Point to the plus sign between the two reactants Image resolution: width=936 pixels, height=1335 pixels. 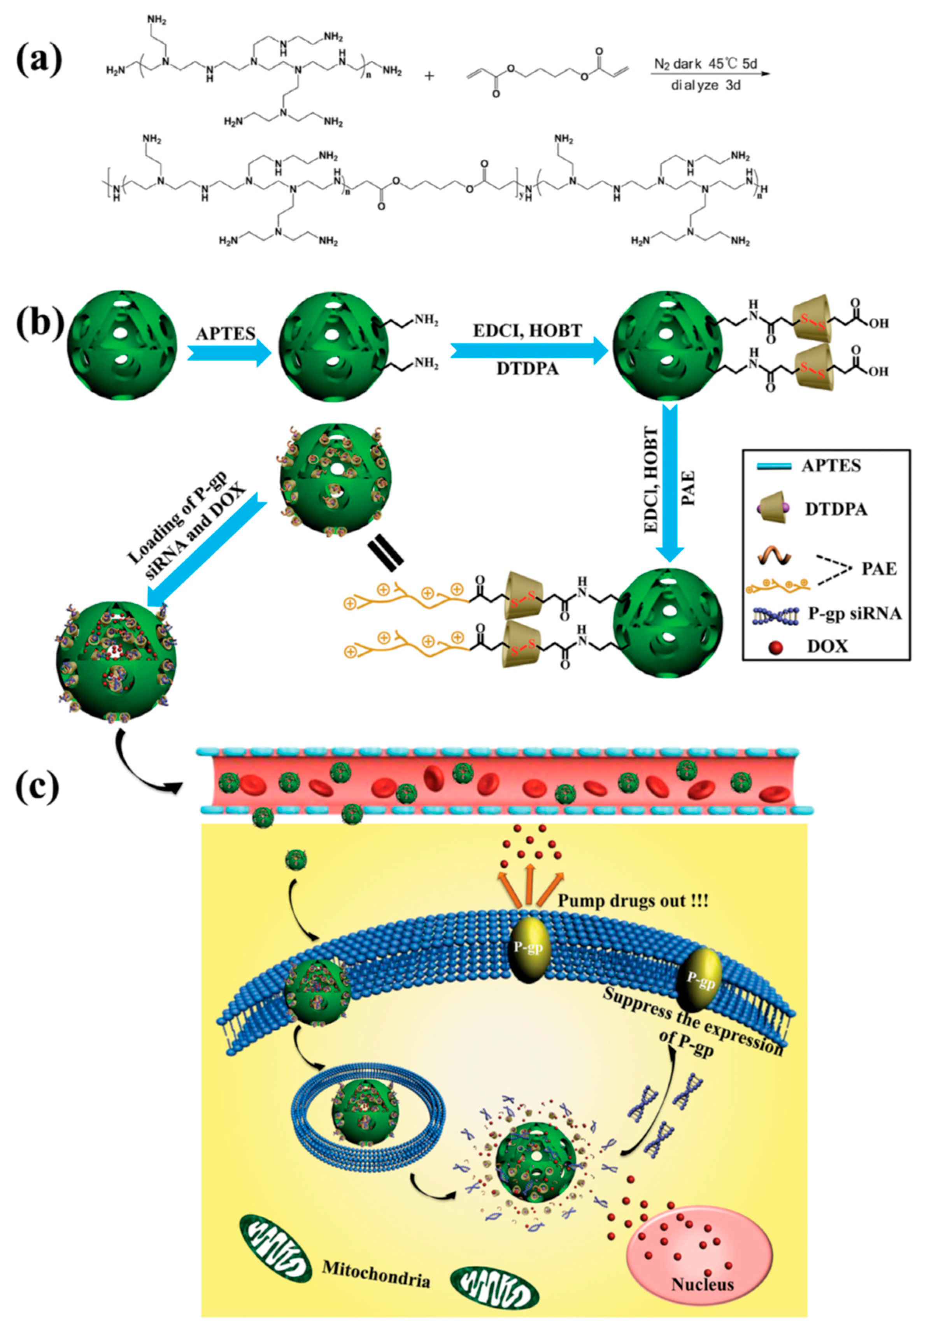[429, 76]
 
